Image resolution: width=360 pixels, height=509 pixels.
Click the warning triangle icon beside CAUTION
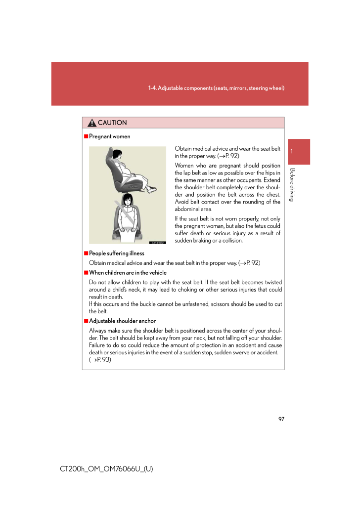[x=92, y=123]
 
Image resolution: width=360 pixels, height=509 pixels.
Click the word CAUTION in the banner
[x=112, y=123]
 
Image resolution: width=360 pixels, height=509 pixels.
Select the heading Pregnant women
[x=109, y=136]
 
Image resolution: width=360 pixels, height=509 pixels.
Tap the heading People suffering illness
[x=116, y=254]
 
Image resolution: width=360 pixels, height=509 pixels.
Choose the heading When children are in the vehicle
[x=128, y=273]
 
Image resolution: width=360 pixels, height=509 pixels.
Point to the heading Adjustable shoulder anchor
[x=122, y=321]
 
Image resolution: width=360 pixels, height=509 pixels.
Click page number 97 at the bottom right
[x=281, y=419]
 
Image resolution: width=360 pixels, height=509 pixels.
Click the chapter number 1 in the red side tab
[x=292, y=151]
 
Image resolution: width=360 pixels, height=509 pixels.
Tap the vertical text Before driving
[x=292, y=185]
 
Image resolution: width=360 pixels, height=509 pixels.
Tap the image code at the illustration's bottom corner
[x=157, y=242]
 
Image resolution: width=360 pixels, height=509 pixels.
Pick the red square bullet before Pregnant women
[x=86, y=136]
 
